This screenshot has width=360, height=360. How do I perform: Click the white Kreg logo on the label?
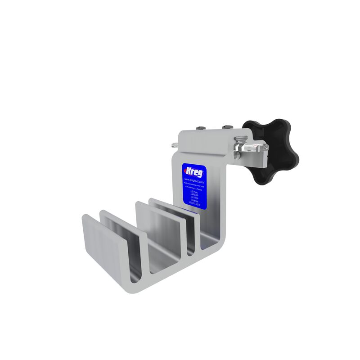(x=194, y=172)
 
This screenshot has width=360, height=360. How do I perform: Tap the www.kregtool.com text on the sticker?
(x=194, y=180)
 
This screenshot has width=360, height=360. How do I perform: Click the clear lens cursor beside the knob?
(x=254, y=149)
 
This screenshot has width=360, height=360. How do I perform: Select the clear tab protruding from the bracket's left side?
(x=174, y=145)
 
